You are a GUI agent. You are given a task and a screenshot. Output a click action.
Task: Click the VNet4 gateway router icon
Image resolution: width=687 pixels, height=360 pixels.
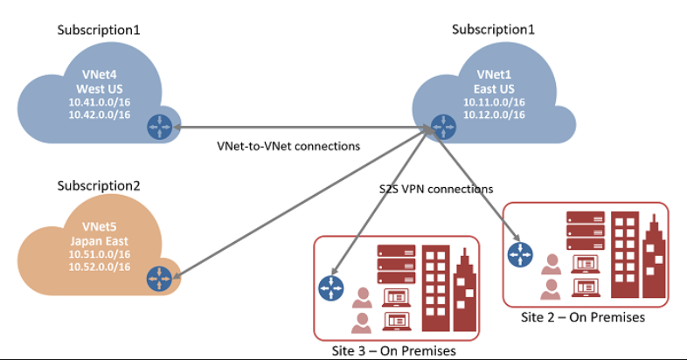[159, 127]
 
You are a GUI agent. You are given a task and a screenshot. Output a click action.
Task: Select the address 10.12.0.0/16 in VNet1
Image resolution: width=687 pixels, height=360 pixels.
[495, 114]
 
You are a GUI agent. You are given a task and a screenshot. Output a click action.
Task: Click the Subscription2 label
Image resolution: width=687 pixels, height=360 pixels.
[99, 185]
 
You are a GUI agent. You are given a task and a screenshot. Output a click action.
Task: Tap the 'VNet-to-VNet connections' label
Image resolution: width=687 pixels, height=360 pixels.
[288, 146]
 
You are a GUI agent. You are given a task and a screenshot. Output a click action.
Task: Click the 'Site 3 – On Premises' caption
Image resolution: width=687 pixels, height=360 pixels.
[395, 351]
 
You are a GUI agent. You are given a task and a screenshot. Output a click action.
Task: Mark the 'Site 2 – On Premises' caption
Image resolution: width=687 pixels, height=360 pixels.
[582, 317]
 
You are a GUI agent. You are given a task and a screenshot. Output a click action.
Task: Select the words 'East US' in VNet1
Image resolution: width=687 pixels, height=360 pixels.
[494, 88]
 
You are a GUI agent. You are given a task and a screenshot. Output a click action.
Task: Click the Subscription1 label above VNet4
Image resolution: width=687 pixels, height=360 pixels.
[99, 30]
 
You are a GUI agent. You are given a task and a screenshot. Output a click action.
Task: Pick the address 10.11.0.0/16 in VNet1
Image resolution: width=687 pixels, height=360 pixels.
[495, 101]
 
